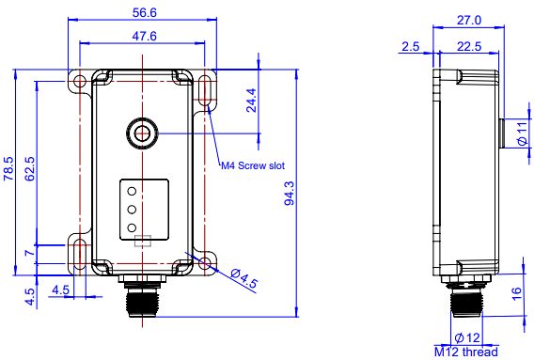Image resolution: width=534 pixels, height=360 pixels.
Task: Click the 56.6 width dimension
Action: point(144,12)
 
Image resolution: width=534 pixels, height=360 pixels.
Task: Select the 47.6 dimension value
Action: point(144,36)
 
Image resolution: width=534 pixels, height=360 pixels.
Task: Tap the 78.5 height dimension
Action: point(8,168)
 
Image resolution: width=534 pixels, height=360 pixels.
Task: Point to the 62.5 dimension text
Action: point(30,168)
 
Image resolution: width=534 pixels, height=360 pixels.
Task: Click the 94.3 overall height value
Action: point(290,194)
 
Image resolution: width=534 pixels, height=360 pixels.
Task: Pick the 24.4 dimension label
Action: point(251,101)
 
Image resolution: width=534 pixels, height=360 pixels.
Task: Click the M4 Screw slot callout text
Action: point(253,165)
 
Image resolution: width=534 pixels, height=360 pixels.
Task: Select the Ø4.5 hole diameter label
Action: point(243,278)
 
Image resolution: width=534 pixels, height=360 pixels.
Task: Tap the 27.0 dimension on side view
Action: point(469,21)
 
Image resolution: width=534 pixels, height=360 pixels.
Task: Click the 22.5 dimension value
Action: point(469,46)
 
